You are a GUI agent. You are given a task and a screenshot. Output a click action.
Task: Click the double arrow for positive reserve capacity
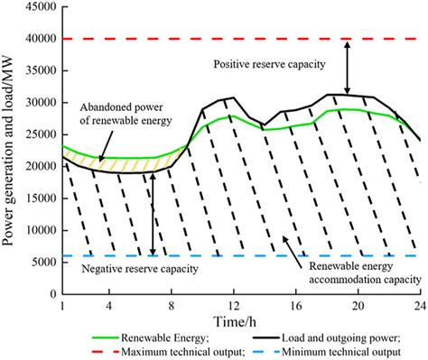pos(349,66)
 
